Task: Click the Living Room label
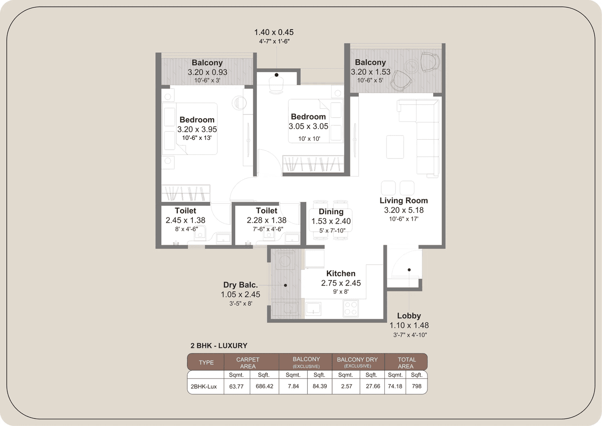(x=404, y=201)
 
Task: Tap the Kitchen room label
(x=341, y=273)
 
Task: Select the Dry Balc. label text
(x=240, y=285)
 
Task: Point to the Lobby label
(x=409, y=316)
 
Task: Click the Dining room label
(x=331, y=212)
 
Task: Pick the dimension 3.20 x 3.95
(x=197, y=129)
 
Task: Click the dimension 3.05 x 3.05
(x=309, y=126)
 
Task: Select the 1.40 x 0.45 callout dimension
(x=274, y=32)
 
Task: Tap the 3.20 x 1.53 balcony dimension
(x=371, y=72)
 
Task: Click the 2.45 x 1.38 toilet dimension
(x=185, y=220)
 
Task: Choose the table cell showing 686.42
(x=264, y=386)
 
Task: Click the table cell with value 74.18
(x=395, y=386)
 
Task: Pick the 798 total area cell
(x=417, y=386)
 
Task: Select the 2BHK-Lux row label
(x=204, y=386)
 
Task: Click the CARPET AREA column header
(x=248, y=362)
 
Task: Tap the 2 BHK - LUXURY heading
(x=219, y=346)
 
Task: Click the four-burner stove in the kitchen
(x=350, y=308)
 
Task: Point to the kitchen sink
(x=313, y=308)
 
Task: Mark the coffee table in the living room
(x=395, y=146)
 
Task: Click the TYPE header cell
(x=206, y=362)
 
